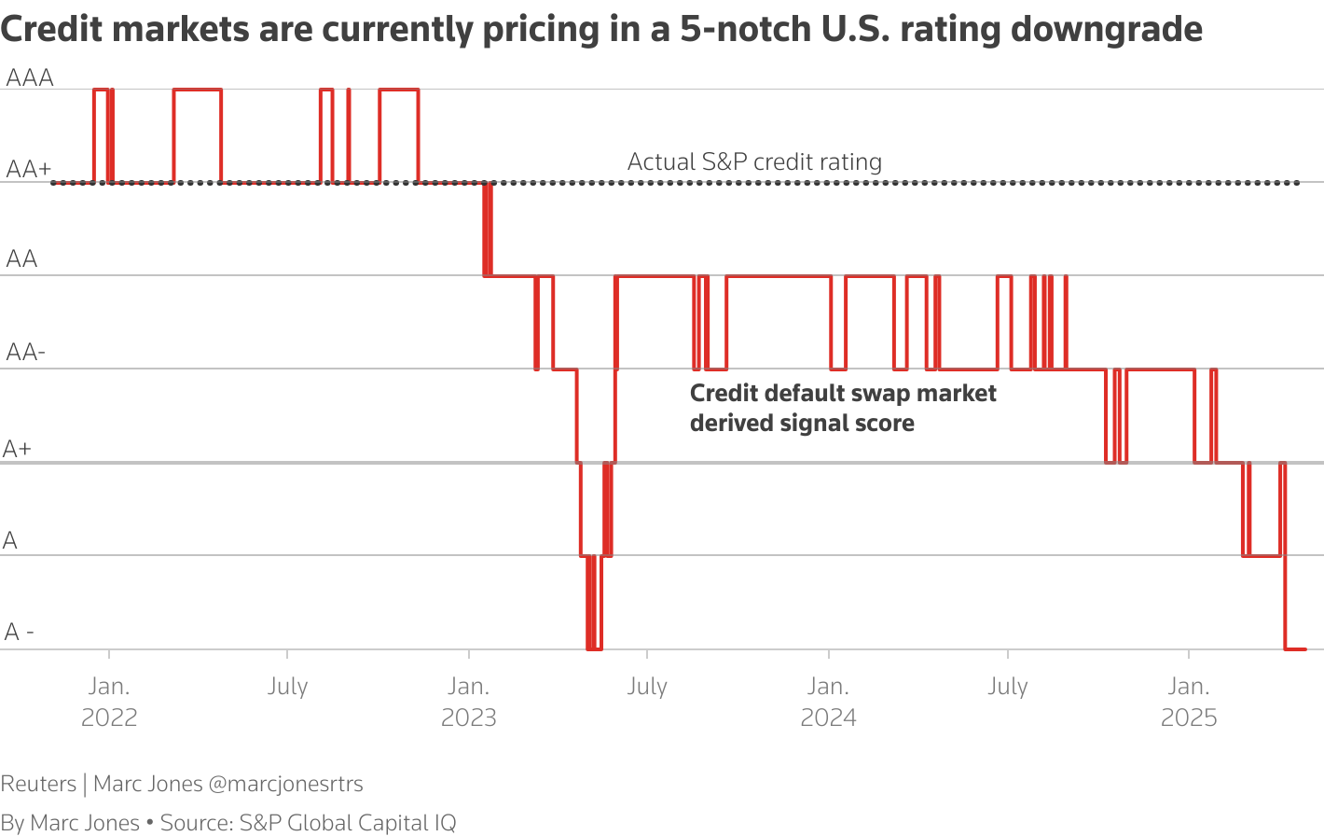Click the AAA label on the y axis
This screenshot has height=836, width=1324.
point(30,77)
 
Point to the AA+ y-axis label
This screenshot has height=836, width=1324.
point(29,169)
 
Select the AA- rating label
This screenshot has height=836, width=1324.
point(26,353)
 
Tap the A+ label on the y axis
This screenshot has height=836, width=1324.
point(17,449)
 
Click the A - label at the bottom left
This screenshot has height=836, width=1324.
point(19,633)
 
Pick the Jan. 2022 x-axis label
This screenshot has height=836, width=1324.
point(109,702)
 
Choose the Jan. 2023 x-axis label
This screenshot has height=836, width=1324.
point(469,702)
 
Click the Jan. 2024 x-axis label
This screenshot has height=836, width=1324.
point(828,702)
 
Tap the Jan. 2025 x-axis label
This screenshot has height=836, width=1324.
point(1189,702)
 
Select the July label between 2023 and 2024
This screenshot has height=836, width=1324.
point(647,687)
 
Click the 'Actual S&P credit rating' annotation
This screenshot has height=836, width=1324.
point(754,162)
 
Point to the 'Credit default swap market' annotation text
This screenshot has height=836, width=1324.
point(843,394)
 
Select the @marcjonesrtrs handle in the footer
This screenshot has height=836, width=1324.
point(286,784)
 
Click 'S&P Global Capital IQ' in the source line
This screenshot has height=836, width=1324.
point(348,823)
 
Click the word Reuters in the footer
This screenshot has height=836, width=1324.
point(38,784)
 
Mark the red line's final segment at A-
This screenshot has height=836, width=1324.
point(1295,649)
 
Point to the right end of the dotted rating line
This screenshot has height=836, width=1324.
point(1298,183)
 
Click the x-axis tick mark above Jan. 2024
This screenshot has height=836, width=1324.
point(829,655)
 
